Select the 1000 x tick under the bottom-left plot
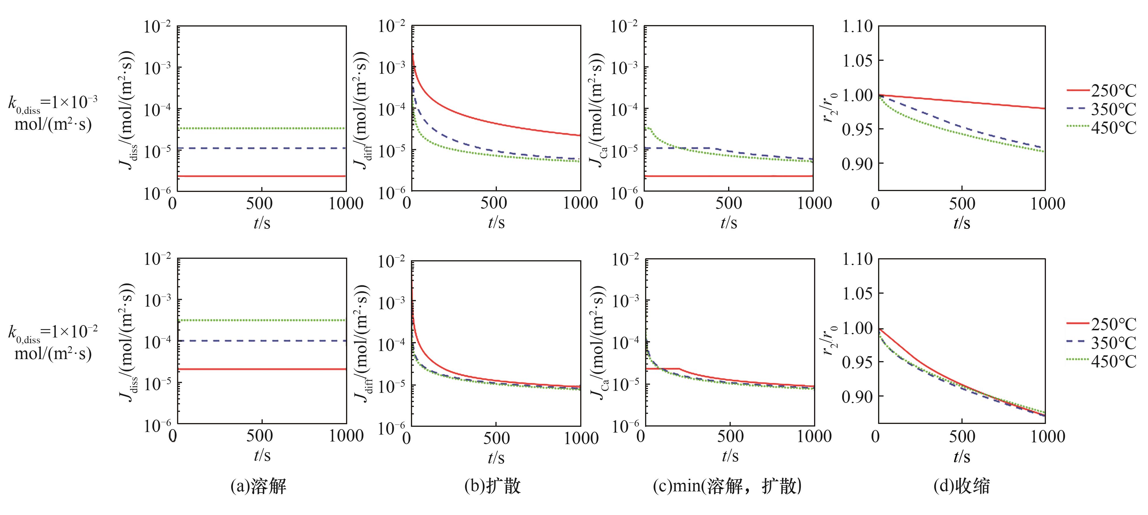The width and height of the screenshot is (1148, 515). coord(346,436)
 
